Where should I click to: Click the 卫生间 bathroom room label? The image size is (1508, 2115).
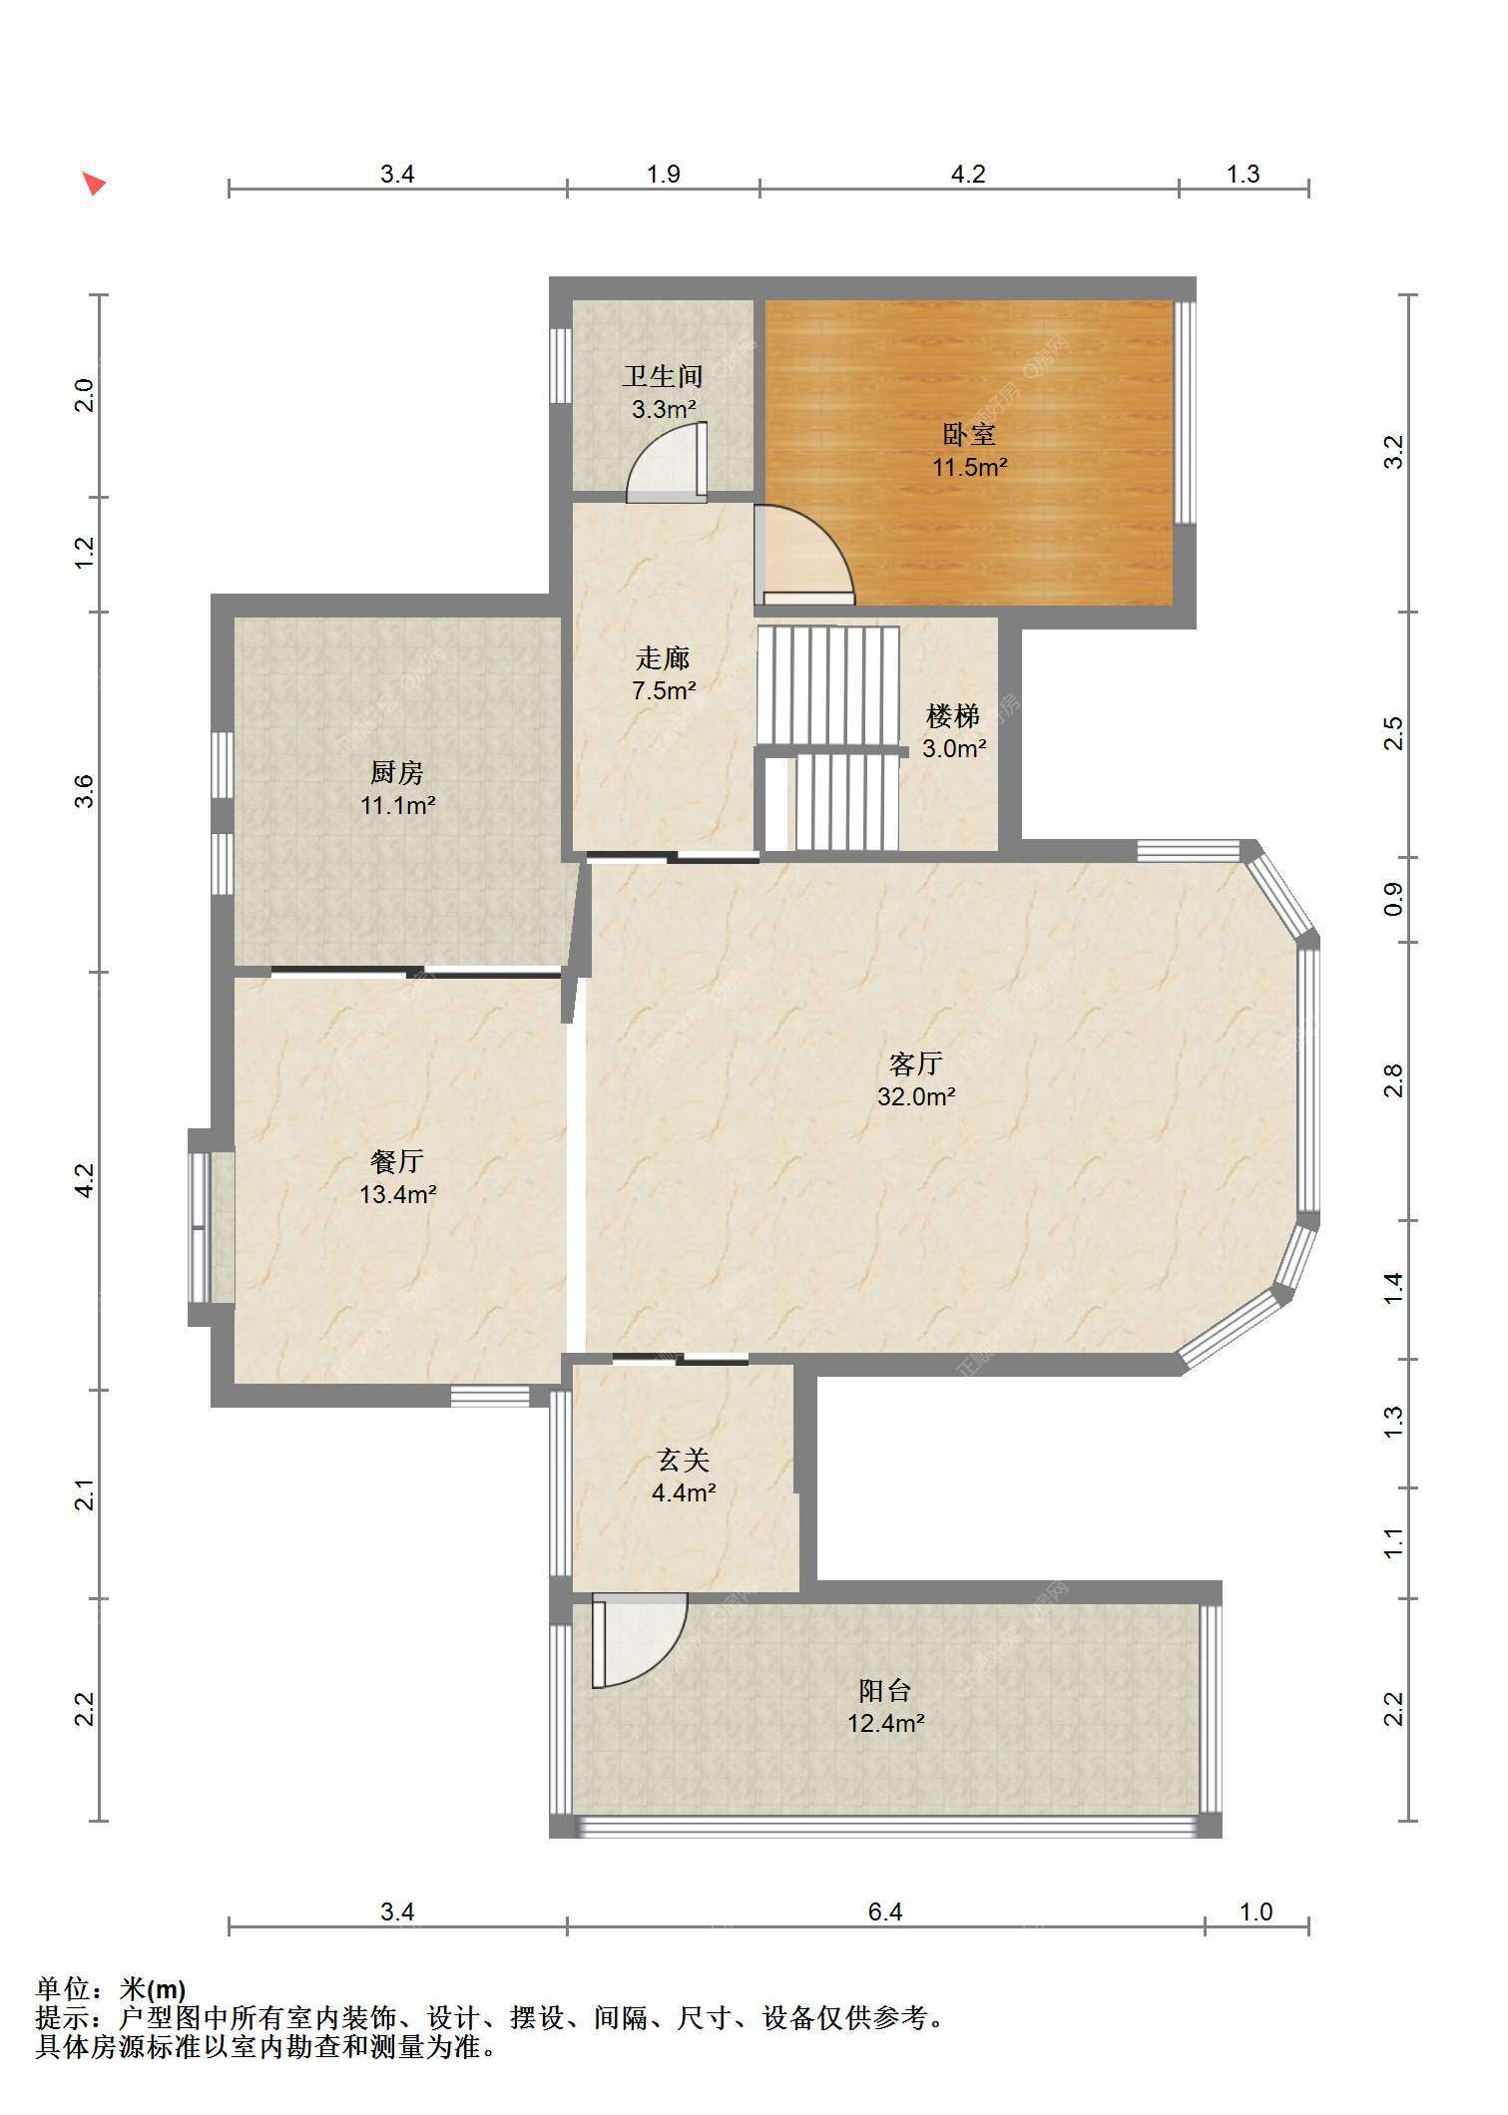[x=663, y=376]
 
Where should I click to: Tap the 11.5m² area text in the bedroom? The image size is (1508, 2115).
[x=969, y=467]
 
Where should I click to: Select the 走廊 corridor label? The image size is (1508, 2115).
[x=663, y=658]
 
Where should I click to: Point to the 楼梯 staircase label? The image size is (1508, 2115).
[x=953, y=716]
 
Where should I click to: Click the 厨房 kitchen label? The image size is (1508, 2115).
[x=397, y=772]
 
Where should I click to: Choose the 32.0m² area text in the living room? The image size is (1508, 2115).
[x=916, y=1097]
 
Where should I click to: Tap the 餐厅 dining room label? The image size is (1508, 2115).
[x=397, y=1161]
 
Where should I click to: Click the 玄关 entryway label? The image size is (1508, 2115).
[x=684, y=1461]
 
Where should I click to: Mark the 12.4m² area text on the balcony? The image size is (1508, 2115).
[x=885, y=1723]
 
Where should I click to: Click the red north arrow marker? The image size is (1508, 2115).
[x=93, y=184]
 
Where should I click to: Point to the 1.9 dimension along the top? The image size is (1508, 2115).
[x=663, y=175]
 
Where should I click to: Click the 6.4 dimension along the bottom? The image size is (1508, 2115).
[x=885, y=1911]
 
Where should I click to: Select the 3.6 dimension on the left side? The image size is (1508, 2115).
[x=86, y=791]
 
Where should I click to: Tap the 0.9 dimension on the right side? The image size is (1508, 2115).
[x=1394, y=899]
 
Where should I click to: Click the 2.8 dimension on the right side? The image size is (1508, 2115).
[x=1394, y=1080]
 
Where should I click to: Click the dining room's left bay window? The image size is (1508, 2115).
[x=202, y=1227]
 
